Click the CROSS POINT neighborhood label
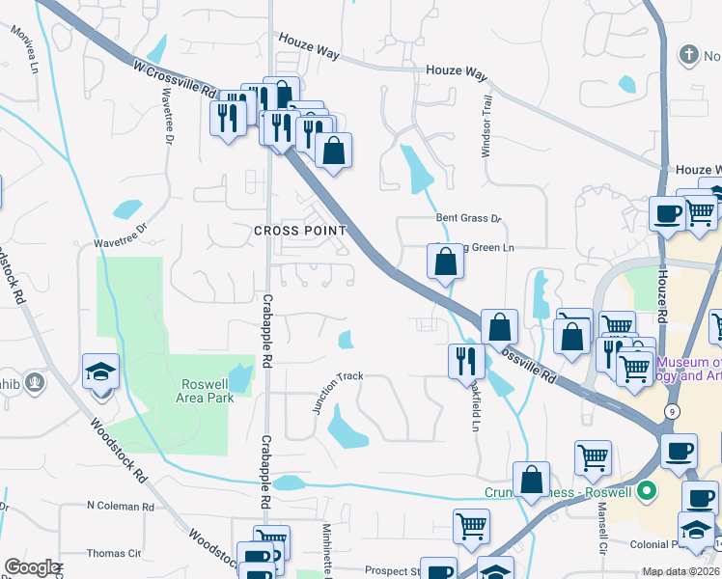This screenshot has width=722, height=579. [299, 231]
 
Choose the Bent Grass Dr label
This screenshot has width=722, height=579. [470, 219]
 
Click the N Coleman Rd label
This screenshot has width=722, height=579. [120, 506]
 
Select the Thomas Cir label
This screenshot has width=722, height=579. [114, 553]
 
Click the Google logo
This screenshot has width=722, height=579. [32, 567]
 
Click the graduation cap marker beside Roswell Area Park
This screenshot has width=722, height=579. [101, 373]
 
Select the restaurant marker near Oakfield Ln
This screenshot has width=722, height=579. [467, 361]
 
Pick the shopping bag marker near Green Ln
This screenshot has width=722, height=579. [445, 262]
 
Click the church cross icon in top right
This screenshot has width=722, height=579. [688, 54]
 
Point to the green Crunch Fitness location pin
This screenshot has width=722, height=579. [648, 491]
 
